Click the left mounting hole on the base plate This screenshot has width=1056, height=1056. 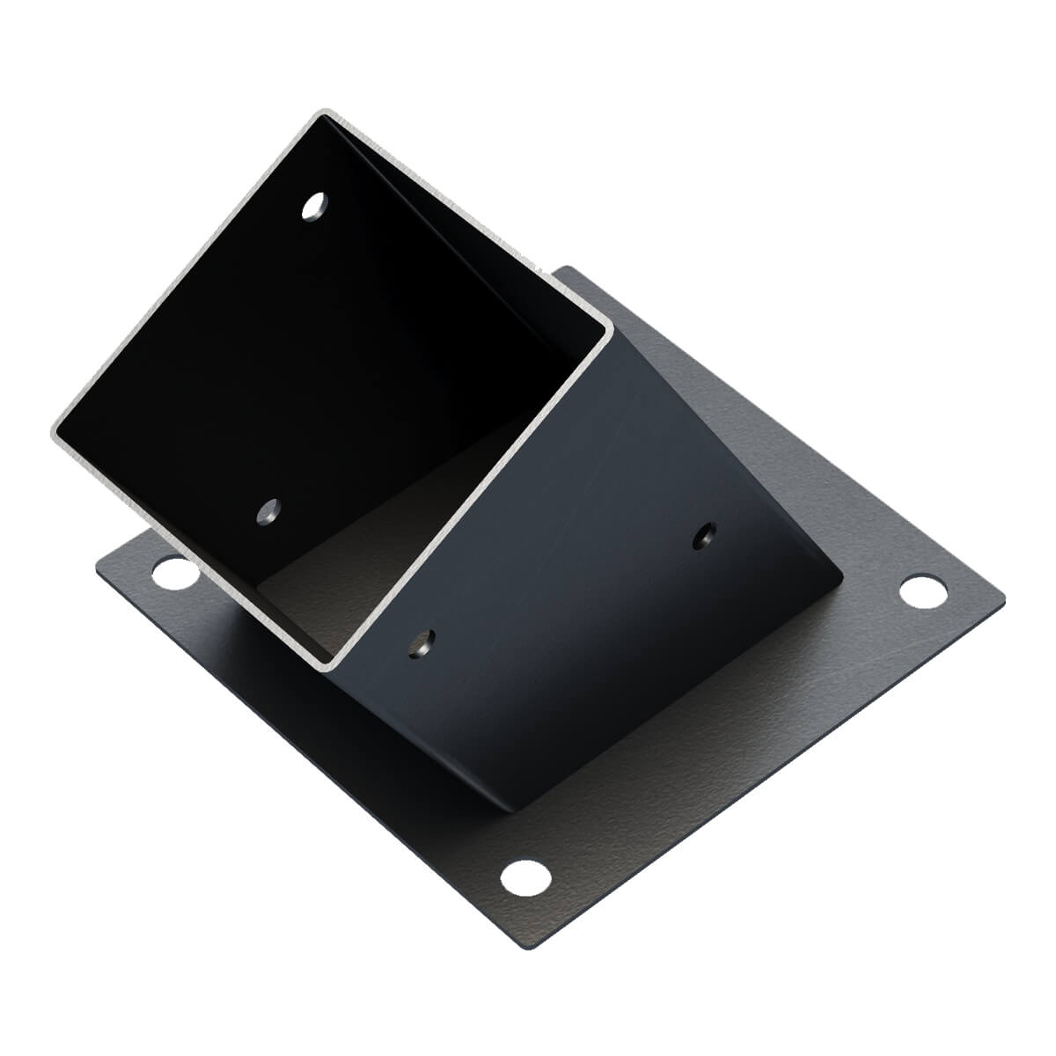point(175,575)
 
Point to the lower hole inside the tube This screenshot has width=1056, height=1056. point(268,510)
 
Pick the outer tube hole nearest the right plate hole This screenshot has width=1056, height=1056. point(704,535)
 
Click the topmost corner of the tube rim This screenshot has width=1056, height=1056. point(324,114)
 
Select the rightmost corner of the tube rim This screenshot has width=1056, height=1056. point(607,330)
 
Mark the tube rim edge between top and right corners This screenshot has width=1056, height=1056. point(466,220)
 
